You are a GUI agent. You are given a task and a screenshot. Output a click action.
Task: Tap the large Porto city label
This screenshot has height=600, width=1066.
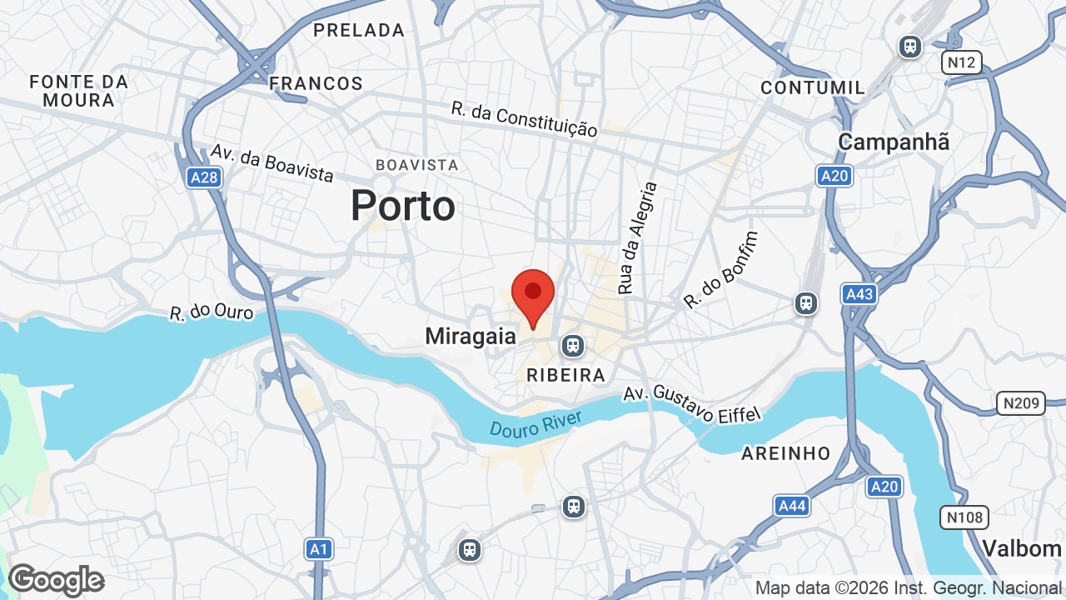pyautogui.click(x=403, y=205)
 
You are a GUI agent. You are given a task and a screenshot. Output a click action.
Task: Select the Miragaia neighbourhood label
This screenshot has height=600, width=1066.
pyautogui.click(x=471, y=337)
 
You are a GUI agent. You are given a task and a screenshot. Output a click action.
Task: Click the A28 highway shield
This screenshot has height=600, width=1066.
pyautogui.click(x=203, y=177)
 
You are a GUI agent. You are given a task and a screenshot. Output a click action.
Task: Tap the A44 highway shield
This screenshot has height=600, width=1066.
pyautogui.click(x=791, y=505)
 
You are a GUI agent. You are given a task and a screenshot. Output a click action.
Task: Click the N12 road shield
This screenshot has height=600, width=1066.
pyautogui.click(x=962, y=62)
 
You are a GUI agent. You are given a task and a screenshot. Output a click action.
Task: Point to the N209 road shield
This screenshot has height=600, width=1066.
pyautogui.click(x=1021, y=404)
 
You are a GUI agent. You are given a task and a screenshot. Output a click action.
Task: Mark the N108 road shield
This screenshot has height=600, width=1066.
pyautogui.click(x=964, y=517)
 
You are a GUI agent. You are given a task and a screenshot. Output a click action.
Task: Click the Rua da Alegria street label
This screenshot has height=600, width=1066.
pyautogui.click(x=637, y=238)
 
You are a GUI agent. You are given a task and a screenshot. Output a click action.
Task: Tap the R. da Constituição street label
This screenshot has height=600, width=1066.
pyautogui.click(x=525, y=119)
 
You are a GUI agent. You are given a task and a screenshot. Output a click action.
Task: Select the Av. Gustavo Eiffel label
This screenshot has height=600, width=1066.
pyautogui.click(x=693, y=403)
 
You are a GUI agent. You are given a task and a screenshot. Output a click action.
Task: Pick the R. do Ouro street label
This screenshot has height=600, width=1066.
pyautogui.click(x=212, y=312)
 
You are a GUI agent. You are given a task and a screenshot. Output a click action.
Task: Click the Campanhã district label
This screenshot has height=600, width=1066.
pyautogui.click(x=894, y=142)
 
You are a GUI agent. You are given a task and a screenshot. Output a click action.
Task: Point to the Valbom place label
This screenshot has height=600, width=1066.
pyautogui.click(x=1021, y=548)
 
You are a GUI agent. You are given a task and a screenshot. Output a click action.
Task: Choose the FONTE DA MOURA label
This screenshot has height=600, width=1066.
pyautogui.click(x=78, y=91)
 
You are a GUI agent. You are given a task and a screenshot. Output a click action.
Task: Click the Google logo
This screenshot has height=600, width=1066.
pyautogui.click(x=56, y=580)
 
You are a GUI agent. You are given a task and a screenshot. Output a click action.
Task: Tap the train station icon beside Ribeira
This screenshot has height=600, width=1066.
pyautogui.click(x=572, y=345)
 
